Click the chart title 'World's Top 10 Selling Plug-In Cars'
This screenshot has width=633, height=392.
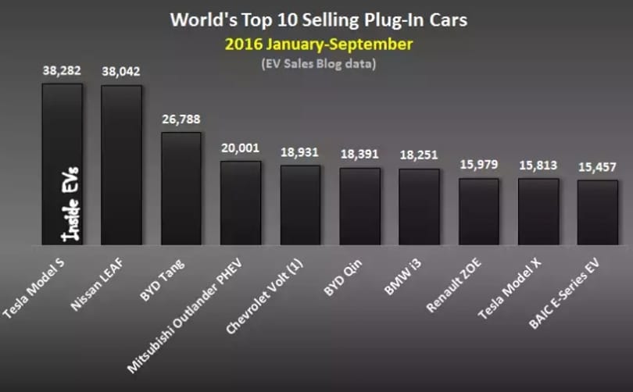pos(319,20)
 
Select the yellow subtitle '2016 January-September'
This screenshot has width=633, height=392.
pos(319,45)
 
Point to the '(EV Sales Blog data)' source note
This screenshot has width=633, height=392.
pos(319,64)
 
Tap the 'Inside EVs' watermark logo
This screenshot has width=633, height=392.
pos(70,204)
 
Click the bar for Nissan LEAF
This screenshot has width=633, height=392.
pos(121,165)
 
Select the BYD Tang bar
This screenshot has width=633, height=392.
pos(181,188)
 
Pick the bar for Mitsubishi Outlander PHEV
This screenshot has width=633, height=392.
pos(240,203)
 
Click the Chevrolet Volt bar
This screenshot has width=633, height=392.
pos(300,205)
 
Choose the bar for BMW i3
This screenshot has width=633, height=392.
pos(419,207)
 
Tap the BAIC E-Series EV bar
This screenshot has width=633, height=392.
pos(598,212)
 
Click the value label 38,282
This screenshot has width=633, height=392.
pos(62,70)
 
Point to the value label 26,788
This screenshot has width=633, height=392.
pos(181,119)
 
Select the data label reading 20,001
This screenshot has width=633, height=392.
pos(240,148)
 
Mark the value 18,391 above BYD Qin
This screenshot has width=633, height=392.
pos(359,154)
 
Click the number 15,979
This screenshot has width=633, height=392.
pos(479,165)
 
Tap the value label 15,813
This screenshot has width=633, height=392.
pos(538,166)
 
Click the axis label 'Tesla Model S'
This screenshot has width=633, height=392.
pos(33,288)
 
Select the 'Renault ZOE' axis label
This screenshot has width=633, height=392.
pos(454,285)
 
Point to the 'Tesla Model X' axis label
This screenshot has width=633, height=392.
pos(510,288)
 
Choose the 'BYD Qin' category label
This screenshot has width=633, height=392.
pos(343,277)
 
